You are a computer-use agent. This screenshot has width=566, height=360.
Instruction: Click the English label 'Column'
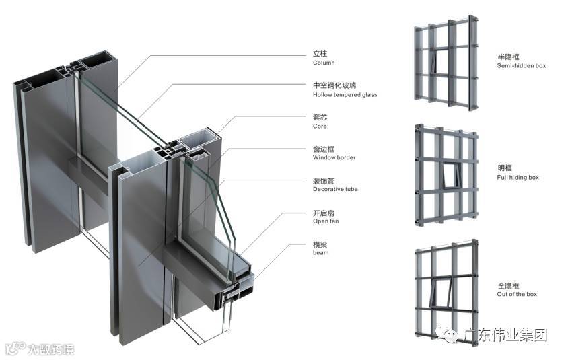click(324, 63)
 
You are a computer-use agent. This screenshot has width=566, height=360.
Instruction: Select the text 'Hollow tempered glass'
click(345, 95)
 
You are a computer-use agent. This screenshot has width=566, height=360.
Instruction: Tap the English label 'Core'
click(320, 127)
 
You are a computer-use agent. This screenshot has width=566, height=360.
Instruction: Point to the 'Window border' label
click(334, 158)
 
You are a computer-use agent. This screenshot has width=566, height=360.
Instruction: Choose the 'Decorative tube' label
click(335, 190)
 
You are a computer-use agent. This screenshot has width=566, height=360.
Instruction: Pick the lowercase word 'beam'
click(320, 253)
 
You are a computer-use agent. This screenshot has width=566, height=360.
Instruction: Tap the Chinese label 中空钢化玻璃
click(334, 85)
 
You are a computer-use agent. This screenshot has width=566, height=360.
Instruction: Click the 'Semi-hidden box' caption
click(521, 66)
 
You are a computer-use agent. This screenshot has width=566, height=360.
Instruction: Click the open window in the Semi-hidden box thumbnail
click(443, 61)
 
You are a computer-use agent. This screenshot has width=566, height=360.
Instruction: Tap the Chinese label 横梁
click(320, 244)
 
